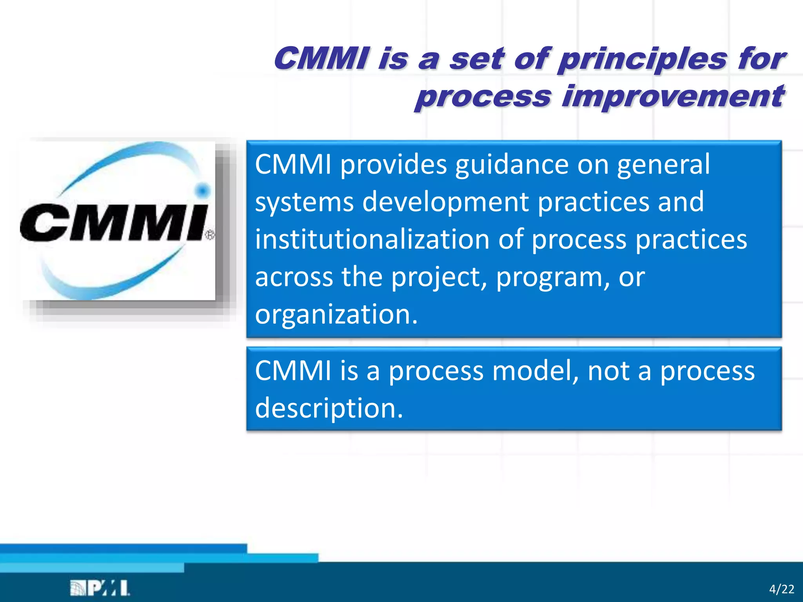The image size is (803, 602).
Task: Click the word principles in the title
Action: pos(643,60)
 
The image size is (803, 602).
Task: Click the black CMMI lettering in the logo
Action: pos(114,222)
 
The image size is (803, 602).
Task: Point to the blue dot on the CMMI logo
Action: pos(202,191)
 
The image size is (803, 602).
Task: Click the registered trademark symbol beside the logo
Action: pos(210,235)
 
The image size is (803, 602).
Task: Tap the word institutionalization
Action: pos(372,239)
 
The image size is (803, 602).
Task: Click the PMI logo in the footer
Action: pos(100,588)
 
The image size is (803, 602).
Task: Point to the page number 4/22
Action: pos(781,589)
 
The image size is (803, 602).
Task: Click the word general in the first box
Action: pos(663,165)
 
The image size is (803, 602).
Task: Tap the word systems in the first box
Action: pos(304,202)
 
